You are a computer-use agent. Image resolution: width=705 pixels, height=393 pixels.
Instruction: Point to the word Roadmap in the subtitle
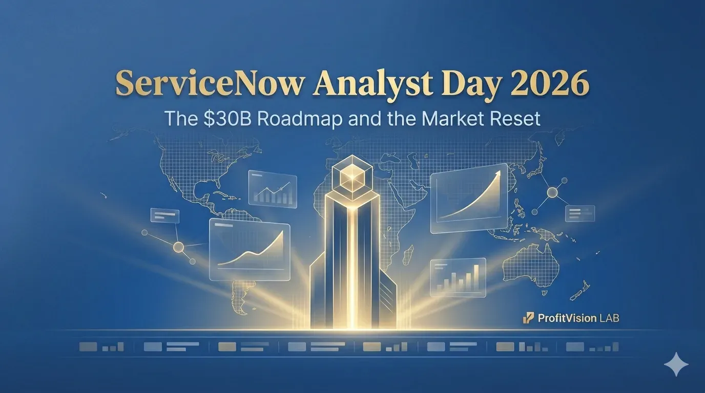[300, 119]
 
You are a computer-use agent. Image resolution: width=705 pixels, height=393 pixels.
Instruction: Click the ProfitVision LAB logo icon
[528, 318]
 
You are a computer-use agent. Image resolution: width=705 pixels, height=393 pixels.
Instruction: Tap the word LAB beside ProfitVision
[609, 318]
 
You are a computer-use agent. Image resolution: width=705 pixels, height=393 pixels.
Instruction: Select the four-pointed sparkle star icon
[676, 364]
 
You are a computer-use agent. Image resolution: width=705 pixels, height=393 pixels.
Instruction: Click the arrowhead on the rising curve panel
[497, 173]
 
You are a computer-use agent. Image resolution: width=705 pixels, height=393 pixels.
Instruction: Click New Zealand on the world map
[579, 291]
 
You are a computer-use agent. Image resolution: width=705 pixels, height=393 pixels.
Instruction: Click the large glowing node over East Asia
[552, 192]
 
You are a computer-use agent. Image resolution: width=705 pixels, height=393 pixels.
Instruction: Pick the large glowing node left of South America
[178, 247]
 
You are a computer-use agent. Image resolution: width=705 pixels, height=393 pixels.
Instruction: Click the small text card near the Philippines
[580, 213]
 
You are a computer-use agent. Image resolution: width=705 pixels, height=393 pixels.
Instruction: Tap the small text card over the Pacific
[165, 215]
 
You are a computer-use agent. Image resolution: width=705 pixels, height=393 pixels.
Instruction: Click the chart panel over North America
[273, 189]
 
